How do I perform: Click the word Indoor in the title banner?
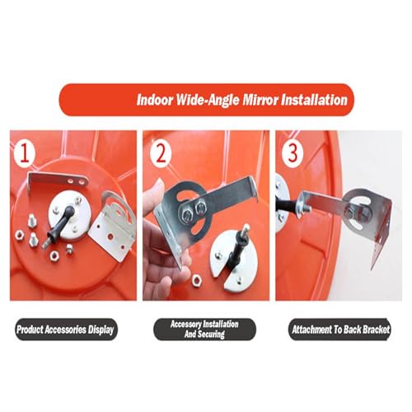click(x=155, y=100)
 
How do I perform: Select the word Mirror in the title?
click(x=260, y=100)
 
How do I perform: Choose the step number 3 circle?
click(x=293, y=152)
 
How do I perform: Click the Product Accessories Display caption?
click(x=65, y=330)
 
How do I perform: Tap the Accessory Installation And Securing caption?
click(x=204, y=330)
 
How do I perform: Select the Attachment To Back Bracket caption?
click(x=340, y=330)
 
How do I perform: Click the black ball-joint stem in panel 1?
click(x=59, y=223)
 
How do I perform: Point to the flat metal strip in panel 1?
click(x=59, y=180)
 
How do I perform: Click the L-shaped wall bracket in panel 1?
click(x=113, y=225)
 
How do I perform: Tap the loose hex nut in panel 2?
click(x=196, y=279)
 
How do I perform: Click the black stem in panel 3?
click(x=287, y=207)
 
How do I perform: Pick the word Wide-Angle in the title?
click(x=208, y=100)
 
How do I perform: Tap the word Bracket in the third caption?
click(x=376, y=330)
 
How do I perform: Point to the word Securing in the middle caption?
click(x=212, y=335)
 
